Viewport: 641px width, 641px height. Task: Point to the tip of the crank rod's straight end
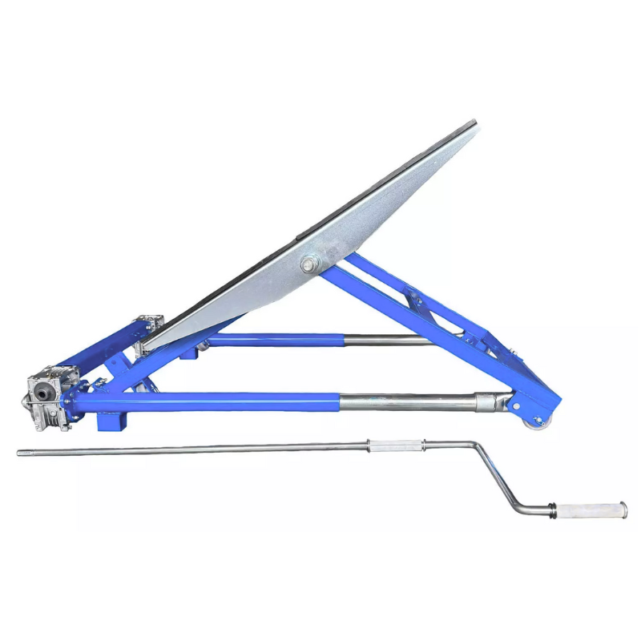[19, 453]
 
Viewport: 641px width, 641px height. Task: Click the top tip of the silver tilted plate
[474, 123]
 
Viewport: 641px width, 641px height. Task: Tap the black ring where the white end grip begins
[554, 508]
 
